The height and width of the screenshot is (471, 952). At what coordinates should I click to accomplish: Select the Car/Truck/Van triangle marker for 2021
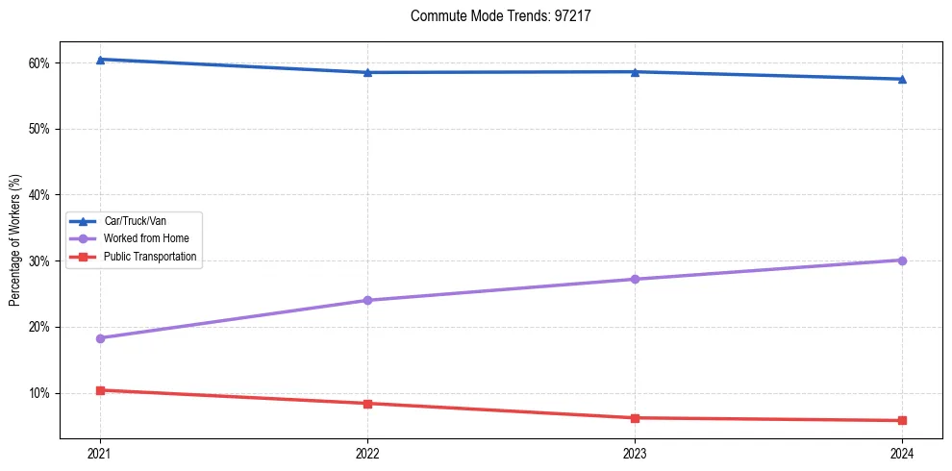(100, 60)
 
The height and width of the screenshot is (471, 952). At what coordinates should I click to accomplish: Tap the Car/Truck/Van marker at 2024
(902, 79)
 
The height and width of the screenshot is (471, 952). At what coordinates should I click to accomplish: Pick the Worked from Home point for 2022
(367, 300)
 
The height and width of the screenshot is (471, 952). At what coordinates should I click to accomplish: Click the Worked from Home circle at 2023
(635, 279)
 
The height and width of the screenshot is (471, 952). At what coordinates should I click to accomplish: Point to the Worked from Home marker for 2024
(902, 260)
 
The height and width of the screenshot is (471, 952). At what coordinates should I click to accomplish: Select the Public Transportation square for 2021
(100, 390)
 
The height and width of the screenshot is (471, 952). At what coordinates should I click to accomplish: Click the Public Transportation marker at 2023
(635, 418)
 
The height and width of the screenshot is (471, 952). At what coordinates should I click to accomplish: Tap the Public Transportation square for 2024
(902, 420)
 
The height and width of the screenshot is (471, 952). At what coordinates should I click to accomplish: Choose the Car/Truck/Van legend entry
(135, 220)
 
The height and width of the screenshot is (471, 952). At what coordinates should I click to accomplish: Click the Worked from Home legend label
(146, 238)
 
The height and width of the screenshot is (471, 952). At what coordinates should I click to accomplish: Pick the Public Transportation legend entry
(149, 257)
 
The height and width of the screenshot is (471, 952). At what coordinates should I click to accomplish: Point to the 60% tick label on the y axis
(38, 63)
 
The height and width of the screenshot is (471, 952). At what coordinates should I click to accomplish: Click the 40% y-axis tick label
(38, 195)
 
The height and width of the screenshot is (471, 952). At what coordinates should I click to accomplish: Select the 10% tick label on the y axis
(38, 393)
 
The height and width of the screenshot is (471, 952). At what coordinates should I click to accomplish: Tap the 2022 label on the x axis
(367, 452)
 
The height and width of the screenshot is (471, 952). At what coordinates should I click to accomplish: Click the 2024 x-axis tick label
(902, 452)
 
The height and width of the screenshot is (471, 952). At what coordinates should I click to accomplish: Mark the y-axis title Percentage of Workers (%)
(15, 240)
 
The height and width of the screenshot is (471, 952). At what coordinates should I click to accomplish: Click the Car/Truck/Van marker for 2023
(635, 72)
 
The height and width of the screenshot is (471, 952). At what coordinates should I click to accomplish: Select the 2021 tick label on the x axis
(100, 452)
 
